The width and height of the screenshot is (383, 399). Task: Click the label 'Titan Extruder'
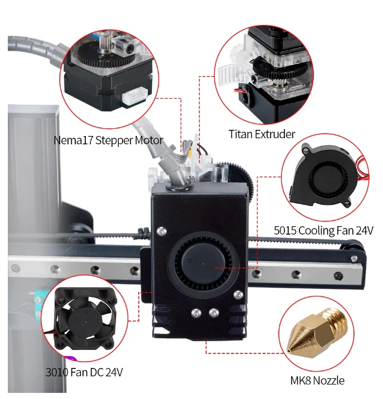[x=261, y=134]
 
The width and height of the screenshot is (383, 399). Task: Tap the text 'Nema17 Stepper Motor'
[x=108, y=140]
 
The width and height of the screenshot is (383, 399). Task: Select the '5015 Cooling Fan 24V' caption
[x=323, y=231]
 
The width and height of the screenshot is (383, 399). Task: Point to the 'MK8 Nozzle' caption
[x=317, y=381]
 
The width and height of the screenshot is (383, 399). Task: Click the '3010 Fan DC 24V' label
[x=84, y=372]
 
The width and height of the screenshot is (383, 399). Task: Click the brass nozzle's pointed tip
[x=288, y=351]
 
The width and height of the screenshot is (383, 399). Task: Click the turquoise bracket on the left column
[x=38, y=303]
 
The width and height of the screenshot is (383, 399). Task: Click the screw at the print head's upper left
[x=161, y=231]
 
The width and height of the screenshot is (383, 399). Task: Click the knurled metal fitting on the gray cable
[x=62, y=53]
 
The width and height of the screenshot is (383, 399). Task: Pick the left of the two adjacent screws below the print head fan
[x=196, y=313]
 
